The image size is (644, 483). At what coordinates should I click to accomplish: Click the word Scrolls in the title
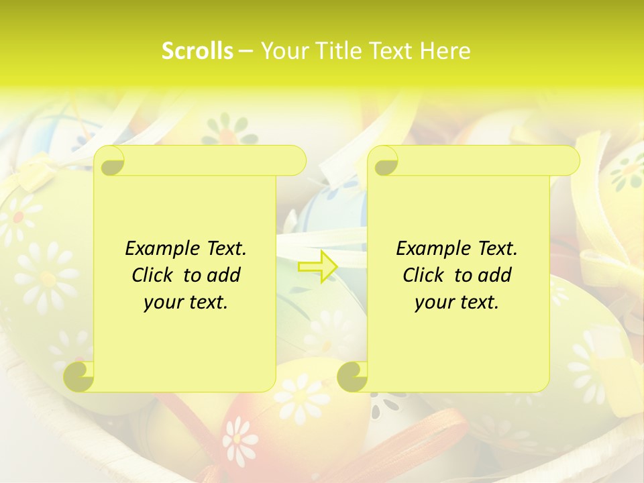(x=198, y=51)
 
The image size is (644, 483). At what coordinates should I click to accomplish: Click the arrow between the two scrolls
(x=317, y=267)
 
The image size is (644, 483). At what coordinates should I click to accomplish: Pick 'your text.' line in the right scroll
(x=457, y=303)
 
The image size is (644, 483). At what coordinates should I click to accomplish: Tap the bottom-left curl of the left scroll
(x=79, y=376)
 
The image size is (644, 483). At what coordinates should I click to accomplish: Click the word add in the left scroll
(x=225, y=275)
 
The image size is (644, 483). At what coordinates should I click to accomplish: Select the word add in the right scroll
(x=496, y=275)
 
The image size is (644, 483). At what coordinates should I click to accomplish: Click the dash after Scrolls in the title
(x=246, y=51)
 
